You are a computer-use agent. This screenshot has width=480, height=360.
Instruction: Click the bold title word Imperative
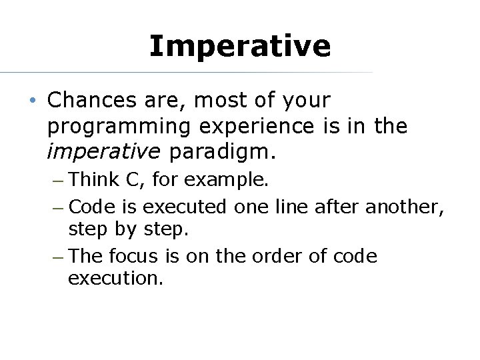pos(239,46)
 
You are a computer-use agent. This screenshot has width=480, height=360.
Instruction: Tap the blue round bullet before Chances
pos(33,101)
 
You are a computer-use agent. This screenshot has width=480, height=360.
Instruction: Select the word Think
pos(93,179)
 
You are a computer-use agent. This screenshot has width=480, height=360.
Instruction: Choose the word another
pos(405,207)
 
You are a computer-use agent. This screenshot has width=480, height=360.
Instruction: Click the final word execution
pos(115,279)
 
